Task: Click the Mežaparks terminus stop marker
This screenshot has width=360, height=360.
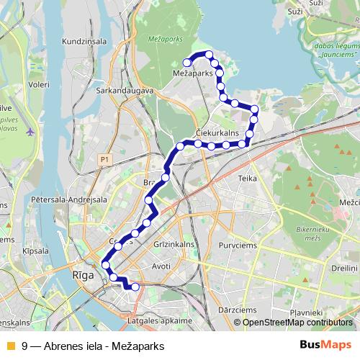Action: [187, 63]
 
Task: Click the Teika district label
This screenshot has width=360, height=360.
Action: [247, 176]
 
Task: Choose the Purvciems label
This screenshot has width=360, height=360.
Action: [248, 243]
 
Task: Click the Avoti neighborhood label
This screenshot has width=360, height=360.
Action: [161, 266]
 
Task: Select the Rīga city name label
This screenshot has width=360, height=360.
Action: [84, 275]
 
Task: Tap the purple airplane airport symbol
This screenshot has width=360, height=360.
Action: [30, 132]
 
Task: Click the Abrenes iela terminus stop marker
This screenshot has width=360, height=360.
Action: [135, 287]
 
